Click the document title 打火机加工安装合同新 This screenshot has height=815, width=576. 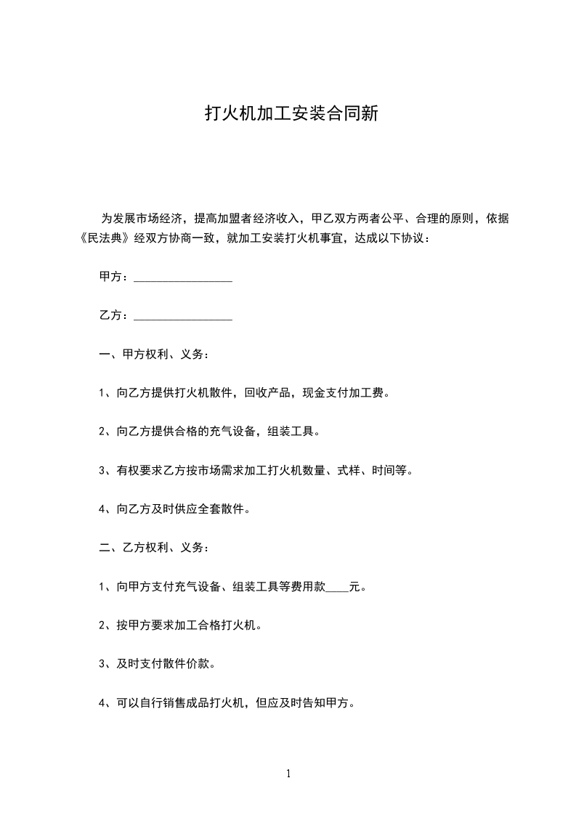pos(291,114)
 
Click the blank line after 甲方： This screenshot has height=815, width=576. pos(183,278)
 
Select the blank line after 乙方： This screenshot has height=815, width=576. pos(183,317)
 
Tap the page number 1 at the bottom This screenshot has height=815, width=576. pos(288,774)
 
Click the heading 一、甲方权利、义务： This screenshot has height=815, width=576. pos(155,355)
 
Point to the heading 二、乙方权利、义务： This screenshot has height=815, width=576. pos(155,548)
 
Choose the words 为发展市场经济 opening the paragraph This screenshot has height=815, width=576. pos(139,219)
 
